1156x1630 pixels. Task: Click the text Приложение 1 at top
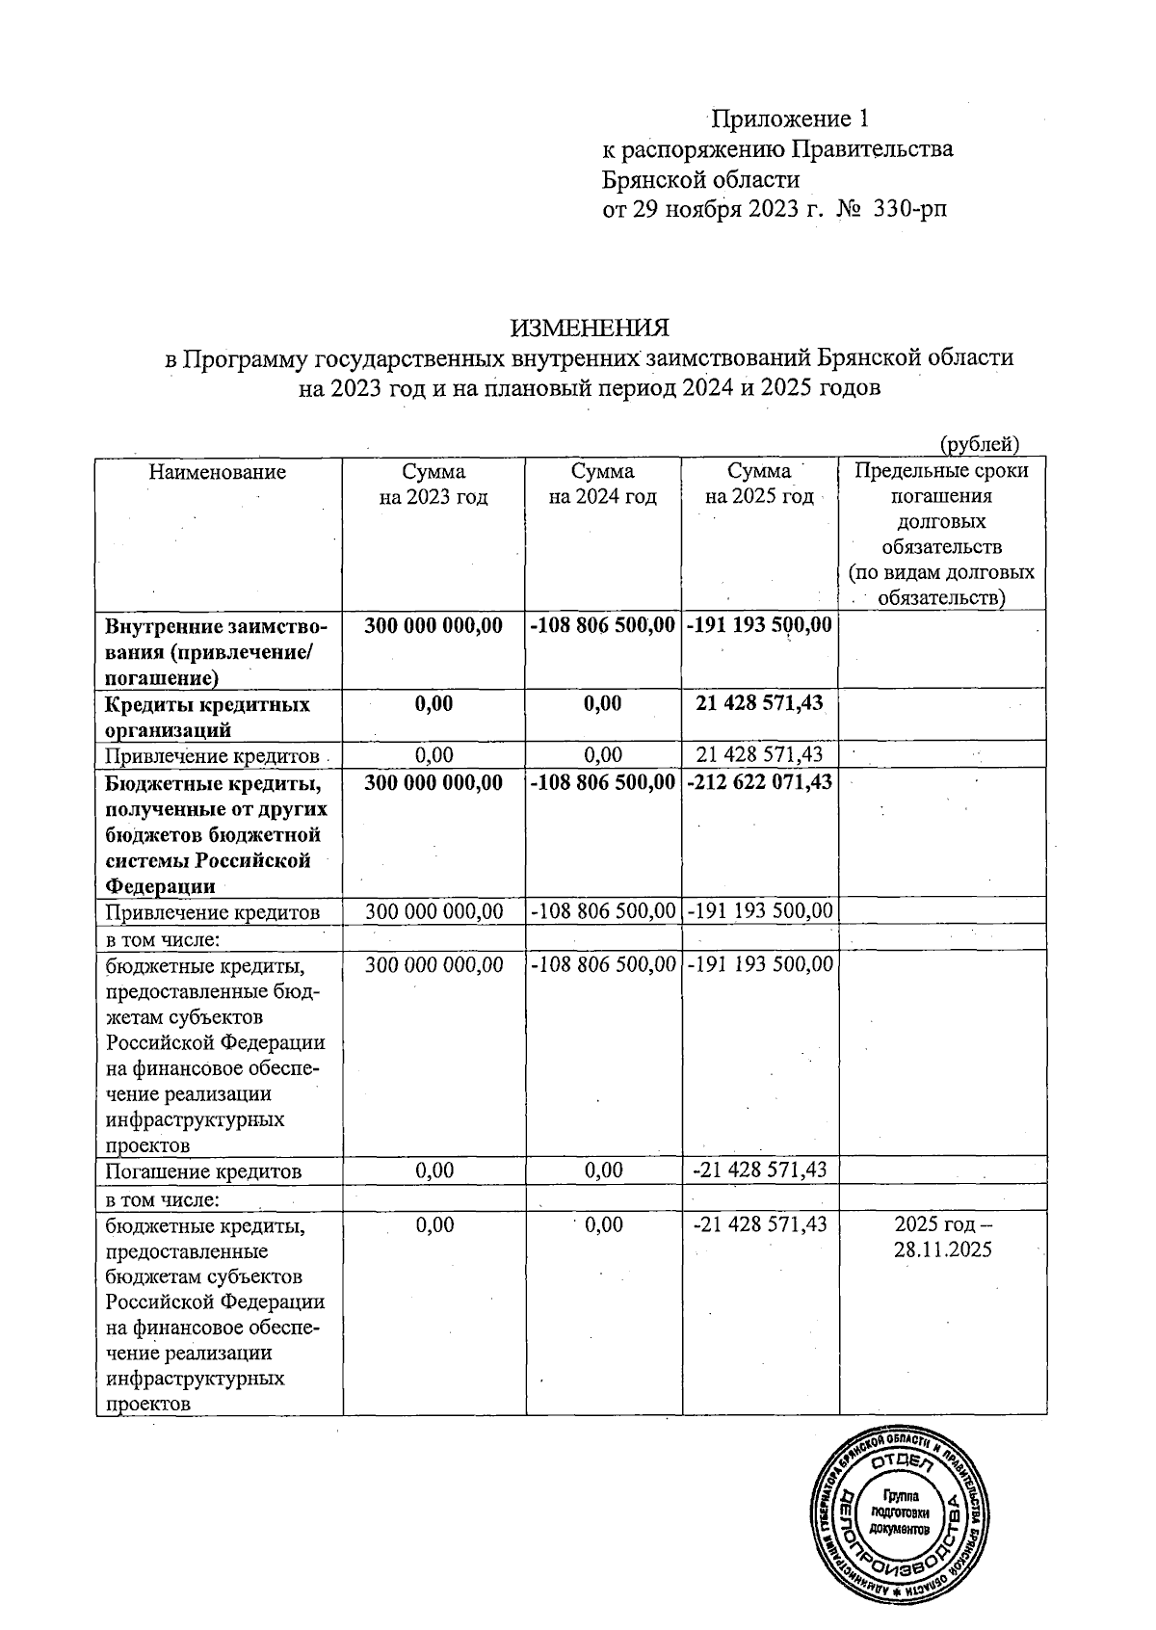(791, 119)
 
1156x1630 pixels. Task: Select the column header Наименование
(218, 472)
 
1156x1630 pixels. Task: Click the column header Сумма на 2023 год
(433, 485)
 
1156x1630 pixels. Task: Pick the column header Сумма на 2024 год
(603, 485)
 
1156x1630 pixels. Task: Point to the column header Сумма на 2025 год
(759, 485)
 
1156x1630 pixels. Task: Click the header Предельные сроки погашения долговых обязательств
(942, 535)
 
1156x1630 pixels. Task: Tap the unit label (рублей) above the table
(980, 444)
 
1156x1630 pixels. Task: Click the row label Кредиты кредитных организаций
(207, 717)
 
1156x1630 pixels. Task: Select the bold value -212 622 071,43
(760, 783)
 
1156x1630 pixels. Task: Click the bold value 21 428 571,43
(760, 703)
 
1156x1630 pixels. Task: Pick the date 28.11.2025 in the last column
(942, 1250)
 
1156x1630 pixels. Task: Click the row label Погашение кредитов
(203, 1171)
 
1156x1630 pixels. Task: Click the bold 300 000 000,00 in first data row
(433, 625)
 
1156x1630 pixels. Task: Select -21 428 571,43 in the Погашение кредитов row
(760, 1170)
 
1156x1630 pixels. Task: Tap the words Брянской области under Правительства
(700, 179)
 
